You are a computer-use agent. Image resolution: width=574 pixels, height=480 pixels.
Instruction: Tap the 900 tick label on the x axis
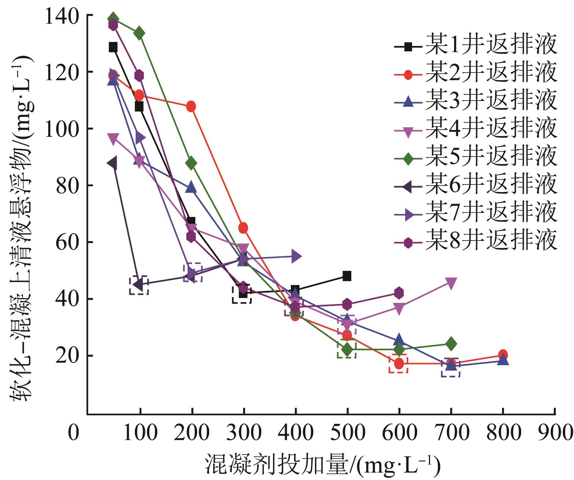555,433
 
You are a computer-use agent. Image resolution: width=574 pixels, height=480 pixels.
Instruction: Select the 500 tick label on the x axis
347,433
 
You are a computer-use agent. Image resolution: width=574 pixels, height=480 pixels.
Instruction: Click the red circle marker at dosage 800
503,355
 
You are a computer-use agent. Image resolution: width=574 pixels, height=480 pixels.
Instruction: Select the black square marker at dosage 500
347,276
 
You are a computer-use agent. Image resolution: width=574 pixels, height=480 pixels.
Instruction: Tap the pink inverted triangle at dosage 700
451,283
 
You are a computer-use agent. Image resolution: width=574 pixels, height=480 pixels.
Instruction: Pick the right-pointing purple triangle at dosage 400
296,256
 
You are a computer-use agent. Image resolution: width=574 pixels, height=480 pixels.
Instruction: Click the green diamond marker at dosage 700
451,344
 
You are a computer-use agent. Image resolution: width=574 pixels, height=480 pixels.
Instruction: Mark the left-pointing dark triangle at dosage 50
113,163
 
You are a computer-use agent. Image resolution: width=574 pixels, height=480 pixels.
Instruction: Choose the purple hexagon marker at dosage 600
399,293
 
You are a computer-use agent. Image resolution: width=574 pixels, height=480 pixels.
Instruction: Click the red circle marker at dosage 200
191,106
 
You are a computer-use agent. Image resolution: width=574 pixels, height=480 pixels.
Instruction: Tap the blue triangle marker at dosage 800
503,360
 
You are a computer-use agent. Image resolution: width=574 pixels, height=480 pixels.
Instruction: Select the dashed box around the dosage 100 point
139,285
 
